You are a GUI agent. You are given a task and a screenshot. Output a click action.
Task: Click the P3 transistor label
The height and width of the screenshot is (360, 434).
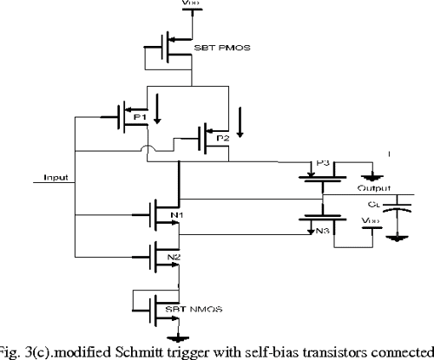pyautogui.click(x=324, y=162)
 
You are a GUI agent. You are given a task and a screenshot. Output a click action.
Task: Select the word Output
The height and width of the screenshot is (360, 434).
pyautogui.click(x=375, y=187)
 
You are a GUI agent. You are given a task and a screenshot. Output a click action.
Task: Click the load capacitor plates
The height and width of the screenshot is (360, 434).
pyautogui.click(x=398, y=208)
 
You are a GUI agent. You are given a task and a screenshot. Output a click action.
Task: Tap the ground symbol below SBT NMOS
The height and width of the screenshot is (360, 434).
pyautogui.click(x=181, y=339)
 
